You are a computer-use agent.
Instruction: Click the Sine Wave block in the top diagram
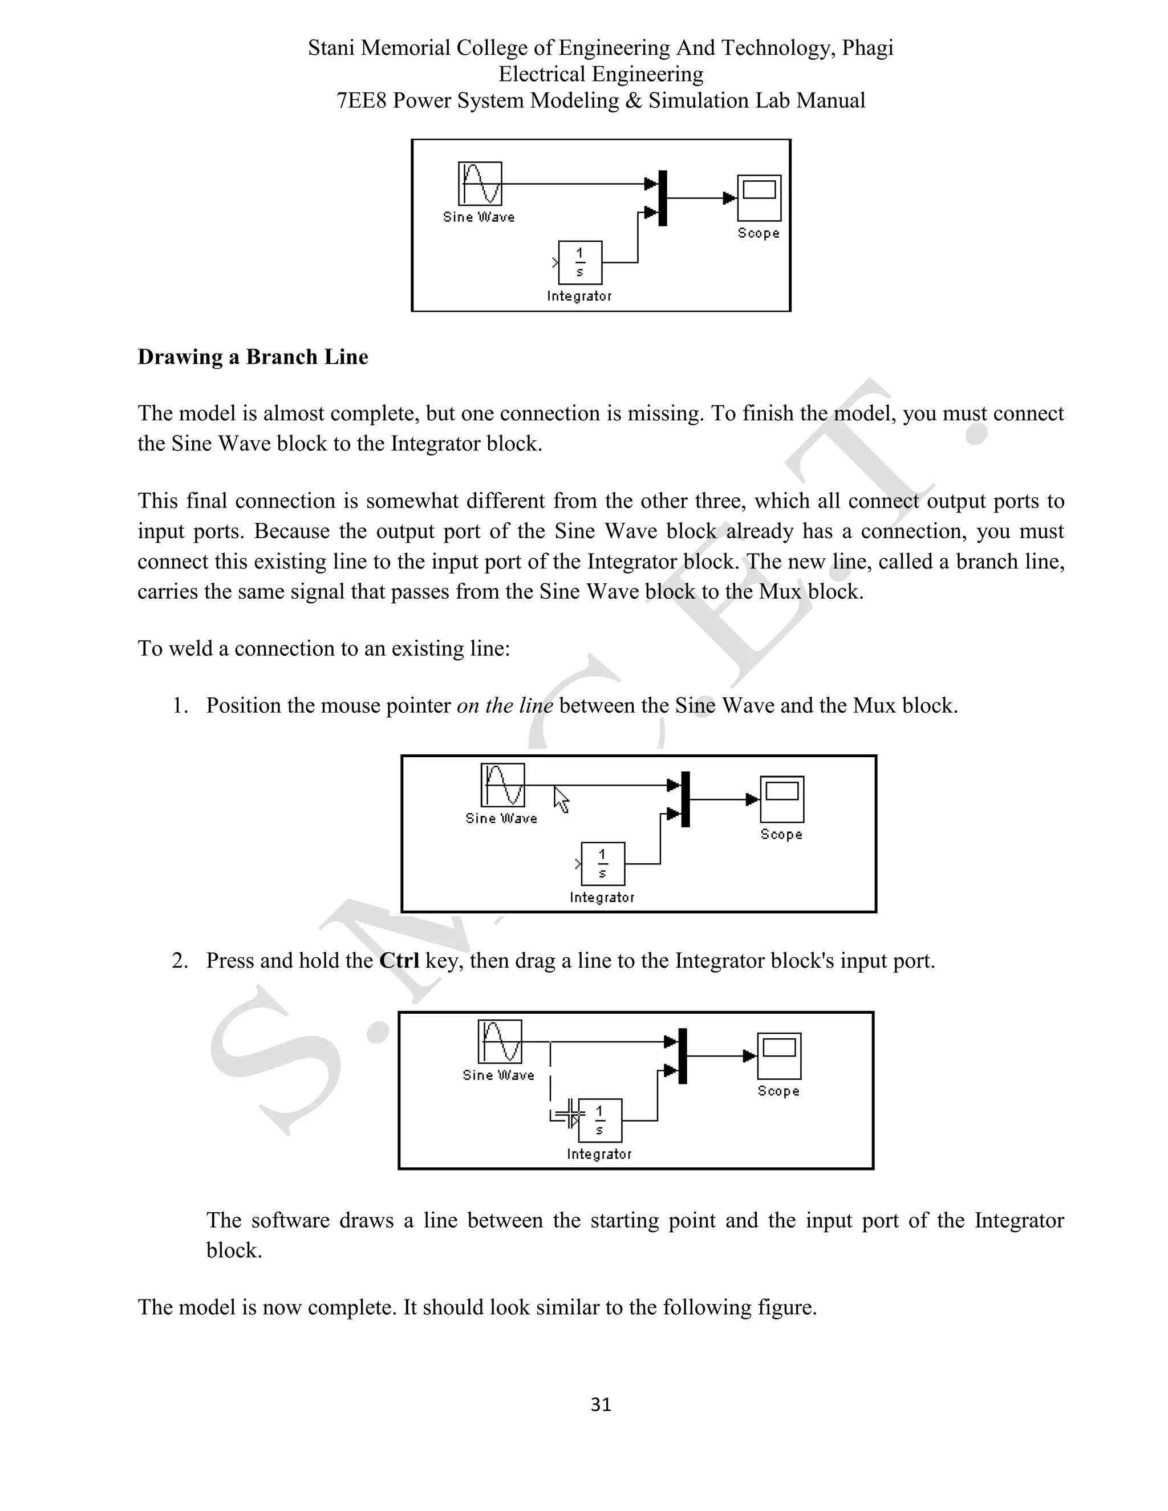tap(480, 184)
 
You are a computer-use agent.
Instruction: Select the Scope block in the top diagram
tap(759, 197)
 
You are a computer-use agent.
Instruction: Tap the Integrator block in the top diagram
tap(581, 263)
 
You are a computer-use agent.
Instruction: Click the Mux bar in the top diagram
tap(663, 198)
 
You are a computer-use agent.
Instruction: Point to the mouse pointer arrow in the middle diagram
tap(561, 799)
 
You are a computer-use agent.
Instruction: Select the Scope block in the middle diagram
tap(782, 799)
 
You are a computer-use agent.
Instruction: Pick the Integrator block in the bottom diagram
tap(600, 1120)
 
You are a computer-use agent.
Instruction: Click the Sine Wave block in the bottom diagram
tap(500, 1041)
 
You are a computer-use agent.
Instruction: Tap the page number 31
tap(601, 1404)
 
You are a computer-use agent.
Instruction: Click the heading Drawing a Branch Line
tap(253, 357)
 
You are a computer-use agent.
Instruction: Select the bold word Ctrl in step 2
tap(399, 961)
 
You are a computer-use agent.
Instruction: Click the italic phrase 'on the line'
tap(504, 706)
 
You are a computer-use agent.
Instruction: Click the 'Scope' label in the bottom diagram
tap(778, 1091)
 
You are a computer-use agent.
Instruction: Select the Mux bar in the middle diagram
tap(686, 799)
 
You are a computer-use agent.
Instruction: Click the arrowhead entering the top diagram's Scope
tap(729, 198)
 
